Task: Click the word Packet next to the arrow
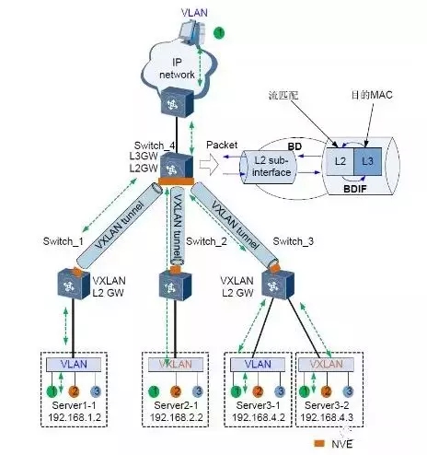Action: click(223, 146)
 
